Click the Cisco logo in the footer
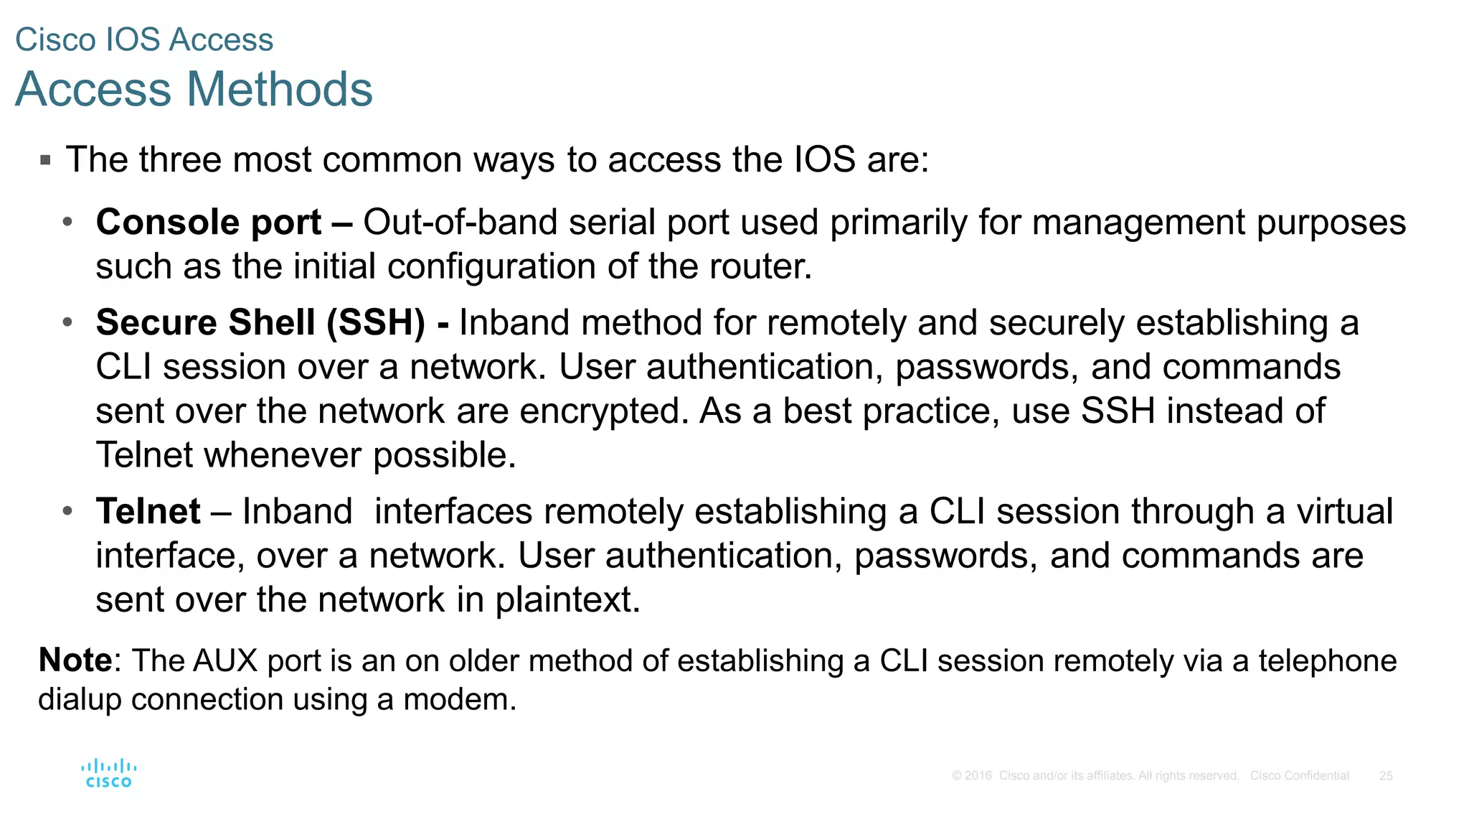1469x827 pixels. [108, 773]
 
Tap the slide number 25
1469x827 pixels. [1386, 776]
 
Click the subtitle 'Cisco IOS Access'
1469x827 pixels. [144, 39]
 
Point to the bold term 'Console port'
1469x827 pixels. [209, 223]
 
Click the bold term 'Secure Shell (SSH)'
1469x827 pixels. [260, 322]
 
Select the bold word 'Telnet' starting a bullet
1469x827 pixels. [148, 512]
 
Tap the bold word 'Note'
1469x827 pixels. [75, 660]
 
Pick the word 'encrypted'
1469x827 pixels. [599, 411]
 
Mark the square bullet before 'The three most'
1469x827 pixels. [46, 159]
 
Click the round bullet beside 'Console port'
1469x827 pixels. [67, 222]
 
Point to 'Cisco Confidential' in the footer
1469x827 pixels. [1299, 776]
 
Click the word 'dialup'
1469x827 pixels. [79, 699]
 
